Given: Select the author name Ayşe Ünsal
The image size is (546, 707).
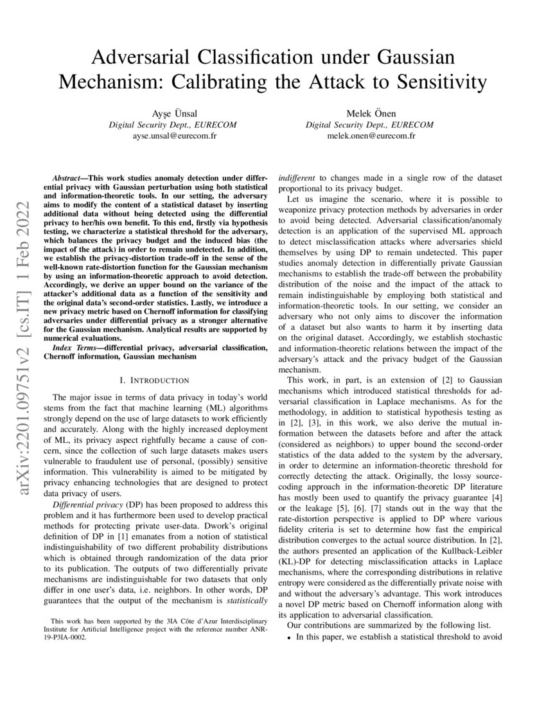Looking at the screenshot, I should [172, 114].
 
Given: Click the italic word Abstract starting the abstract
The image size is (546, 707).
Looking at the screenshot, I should [68, 176].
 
